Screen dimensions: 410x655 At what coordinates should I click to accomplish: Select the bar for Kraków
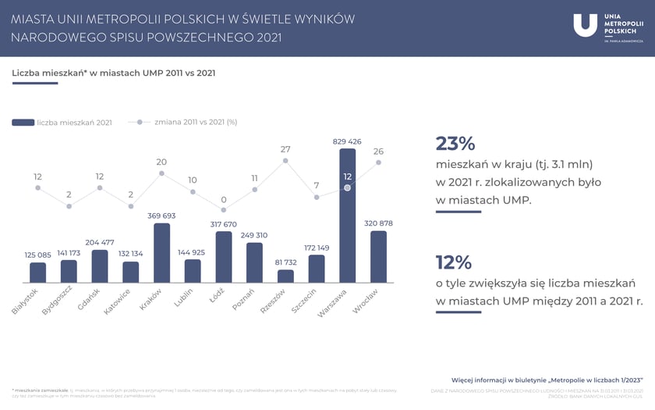point(161,253)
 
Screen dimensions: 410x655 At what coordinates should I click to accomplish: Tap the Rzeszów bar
point(285,276)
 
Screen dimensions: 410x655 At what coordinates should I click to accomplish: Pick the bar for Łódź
point(224,257)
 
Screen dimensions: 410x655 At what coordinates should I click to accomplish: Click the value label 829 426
point(348,141)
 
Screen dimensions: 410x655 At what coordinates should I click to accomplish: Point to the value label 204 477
point(100,242)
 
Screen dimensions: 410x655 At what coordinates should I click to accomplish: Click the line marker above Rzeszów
point(285,161)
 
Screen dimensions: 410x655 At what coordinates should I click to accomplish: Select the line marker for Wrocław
point(378,162)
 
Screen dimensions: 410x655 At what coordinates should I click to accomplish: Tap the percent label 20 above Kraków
point(161,162)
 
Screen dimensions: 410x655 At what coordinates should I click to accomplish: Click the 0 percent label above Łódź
point(224,199)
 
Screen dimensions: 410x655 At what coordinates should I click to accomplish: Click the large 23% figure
point(455,143)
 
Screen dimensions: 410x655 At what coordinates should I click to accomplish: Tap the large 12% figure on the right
point(455,262)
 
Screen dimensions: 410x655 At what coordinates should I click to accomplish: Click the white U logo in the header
point(585,26)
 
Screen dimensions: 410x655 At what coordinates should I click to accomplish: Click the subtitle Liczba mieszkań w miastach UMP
point(114,73)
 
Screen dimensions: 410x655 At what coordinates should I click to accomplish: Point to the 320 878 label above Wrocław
point(378,223)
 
